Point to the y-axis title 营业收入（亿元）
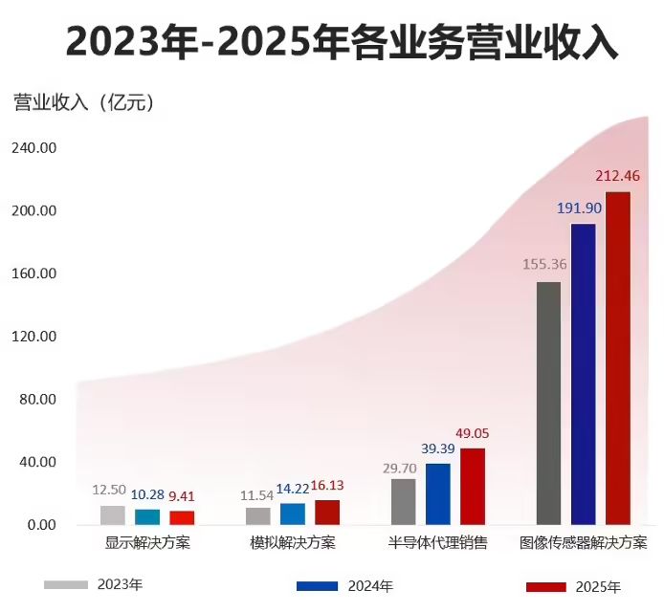(x=84, y=101)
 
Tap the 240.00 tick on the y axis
(x=34, y=148)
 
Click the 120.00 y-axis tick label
(x=34, y=337)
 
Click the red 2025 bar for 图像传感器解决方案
(x=618, y=359)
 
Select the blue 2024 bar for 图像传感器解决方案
(x=584, y=374)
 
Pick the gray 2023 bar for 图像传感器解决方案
(x=549, y=403)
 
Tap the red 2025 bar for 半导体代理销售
(x=473, y=487)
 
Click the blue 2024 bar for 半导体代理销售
(x=438, y=494)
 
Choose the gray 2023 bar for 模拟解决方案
(x=258, y=516)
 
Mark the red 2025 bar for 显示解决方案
(x=183, y=518)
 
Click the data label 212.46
(x=618, y=176)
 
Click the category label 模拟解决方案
(x=293, y=544)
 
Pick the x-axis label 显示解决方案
(x=147, y=544)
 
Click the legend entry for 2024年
(x=344, y=586)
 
